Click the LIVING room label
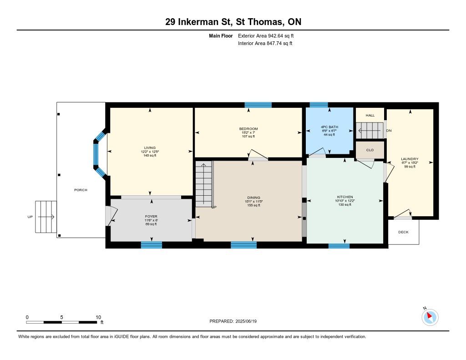(x=150, y=148)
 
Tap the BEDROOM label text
(x=248, y=129)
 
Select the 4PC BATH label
(x=329, y=127)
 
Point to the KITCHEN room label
(x=345, y=197)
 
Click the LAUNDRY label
(x=410, y=159)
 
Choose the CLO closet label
(x=370, y=150)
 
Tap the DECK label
(x=403, y=232)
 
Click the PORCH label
(x=81, y=190)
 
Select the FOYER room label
(x=151, y=217)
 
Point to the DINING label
(x=254, y=198)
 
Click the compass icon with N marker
(x=430, y=317)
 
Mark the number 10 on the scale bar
(x=98, y=317)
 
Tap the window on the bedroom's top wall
(x=258, y=105)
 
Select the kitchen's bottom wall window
(x=339, y=246)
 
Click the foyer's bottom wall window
(x=151, y=245)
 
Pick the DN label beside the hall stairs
(x=389, y=131)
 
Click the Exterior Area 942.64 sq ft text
(x=266, y=35)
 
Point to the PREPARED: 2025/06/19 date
(x=233, y=321)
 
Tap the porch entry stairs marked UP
(x=46, y=217)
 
